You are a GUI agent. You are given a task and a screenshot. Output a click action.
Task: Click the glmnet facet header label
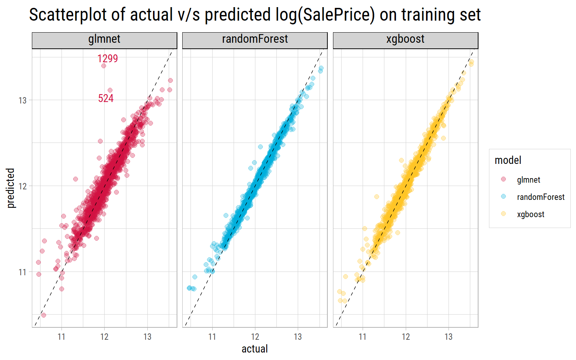[104, 39]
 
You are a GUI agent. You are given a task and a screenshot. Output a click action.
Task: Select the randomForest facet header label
[255, 39]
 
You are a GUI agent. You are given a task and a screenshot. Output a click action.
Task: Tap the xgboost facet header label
[405, 39]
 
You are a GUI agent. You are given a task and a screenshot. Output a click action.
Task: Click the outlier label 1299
[108, 58]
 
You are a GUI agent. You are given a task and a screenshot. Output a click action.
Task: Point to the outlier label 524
[106, 98]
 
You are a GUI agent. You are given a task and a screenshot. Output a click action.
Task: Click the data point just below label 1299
[104, 66]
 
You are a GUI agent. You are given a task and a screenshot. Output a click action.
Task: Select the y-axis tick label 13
[22, 100]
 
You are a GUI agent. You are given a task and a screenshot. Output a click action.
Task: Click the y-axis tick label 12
[22, 186]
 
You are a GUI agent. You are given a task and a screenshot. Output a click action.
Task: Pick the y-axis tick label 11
[22, 272]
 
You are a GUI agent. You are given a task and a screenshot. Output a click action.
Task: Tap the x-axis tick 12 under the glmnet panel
[104, 337]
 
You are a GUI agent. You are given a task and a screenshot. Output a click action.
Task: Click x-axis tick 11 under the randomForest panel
[212, 337]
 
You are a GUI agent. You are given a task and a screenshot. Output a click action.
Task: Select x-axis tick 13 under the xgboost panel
[448, 337]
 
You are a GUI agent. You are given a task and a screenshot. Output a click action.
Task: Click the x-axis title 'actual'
[255, 349]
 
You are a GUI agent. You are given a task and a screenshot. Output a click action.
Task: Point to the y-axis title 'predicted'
[11, 188]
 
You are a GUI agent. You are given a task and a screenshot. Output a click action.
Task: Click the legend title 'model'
[508, 160]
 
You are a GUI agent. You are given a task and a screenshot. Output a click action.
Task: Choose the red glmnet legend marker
[503, 180]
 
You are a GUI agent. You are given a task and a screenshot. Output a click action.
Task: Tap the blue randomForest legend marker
[503, 197]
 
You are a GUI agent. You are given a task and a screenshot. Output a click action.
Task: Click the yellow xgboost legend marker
[503, 214]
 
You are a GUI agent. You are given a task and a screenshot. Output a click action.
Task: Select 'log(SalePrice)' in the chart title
[320, 15]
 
